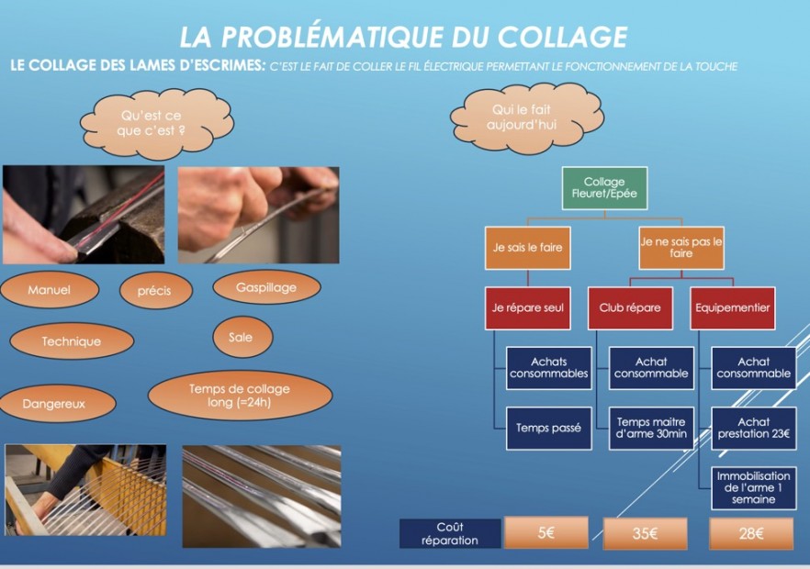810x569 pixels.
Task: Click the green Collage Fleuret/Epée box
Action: click(604, 188)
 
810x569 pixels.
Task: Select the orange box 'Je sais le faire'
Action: click(528, 248)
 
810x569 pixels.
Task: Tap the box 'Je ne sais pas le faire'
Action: click(681, 248)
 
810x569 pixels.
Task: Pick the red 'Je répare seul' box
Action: click(528, 308)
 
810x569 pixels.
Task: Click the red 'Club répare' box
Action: click(630, 308)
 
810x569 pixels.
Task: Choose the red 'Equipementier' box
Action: click(733, 308)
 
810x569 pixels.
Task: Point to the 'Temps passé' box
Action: click(548, 429)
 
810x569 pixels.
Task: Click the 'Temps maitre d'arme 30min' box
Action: click(651, 429)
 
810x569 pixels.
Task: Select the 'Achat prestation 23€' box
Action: click(754, 429)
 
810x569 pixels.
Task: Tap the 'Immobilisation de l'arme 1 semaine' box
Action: click(754, 487)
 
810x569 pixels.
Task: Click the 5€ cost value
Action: click(546, 533)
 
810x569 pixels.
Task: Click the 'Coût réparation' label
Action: click(450, 534)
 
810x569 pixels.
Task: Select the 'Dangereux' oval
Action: click(55, 403)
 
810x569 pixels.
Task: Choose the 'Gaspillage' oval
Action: click(266, 288)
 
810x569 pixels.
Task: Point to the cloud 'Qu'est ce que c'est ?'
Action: click(152, 123)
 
